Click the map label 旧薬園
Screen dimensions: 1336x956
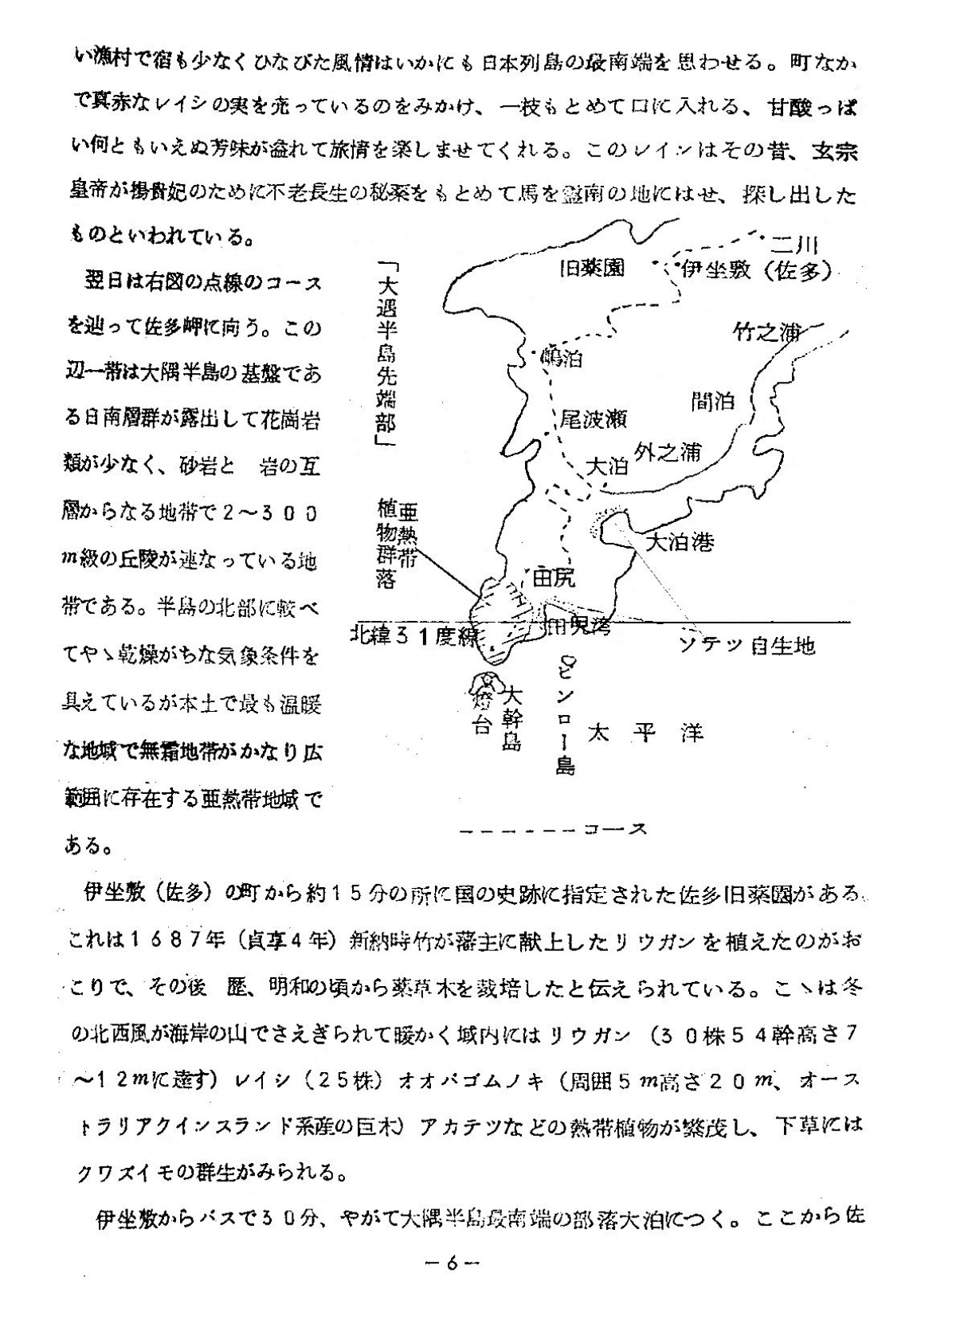click(x=591, y=269)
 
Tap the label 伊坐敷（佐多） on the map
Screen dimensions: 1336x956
click(x=755, y=269)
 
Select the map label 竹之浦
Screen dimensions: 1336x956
click(x=766, y=332)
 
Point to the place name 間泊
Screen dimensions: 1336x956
click(x=713, y=401)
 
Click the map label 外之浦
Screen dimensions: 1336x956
click(x=668, y=452)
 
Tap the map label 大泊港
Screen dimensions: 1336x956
click(x=680, y=543)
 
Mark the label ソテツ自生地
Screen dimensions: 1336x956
click(x=746, y=644)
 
